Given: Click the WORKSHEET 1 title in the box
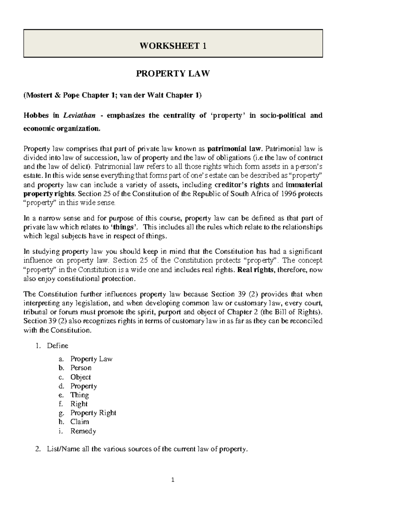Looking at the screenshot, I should coord(173,46).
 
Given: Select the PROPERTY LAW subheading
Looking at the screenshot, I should coord(173,74).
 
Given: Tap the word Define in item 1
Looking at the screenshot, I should coord(58,346).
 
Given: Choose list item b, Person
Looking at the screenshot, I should coord(81,368).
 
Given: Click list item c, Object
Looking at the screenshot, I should coord(80,377).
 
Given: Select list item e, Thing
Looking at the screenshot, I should coord(79,395).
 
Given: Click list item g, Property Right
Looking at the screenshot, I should coord(93,413).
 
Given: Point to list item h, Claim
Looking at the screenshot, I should coord(79,422).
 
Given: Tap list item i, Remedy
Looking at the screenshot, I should coord(83,431).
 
